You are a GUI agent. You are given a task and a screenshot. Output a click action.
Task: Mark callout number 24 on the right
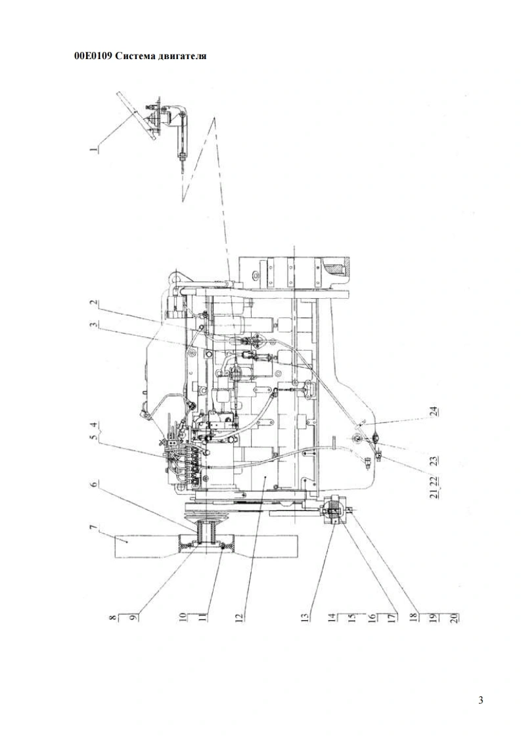(x=434, y=412)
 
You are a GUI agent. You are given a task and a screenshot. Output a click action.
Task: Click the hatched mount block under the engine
(x=333, y=508)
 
